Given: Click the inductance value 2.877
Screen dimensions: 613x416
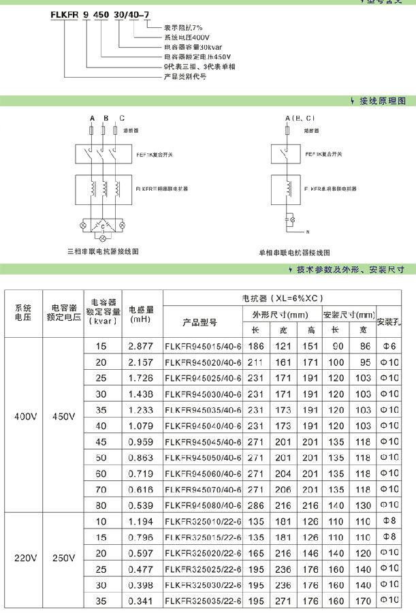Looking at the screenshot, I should (x=143, y=347).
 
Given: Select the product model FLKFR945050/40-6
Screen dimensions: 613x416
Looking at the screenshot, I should (x=203, y=457).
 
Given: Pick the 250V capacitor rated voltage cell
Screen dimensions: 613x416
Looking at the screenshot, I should (x=63, y=559).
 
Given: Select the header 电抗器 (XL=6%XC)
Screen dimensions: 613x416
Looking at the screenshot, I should (x=283, y=298).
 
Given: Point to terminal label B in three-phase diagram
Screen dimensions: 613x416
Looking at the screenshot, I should (x=105, y=119).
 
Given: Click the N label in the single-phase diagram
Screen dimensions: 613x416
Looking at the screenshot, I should (x=307, y=232).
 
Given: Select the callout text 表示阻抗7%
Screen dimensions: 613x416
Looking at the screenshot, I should (x=182, y=27).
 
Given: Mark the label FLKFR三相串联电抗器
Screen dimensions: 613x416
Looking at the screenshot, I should (x=162, y=187).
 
